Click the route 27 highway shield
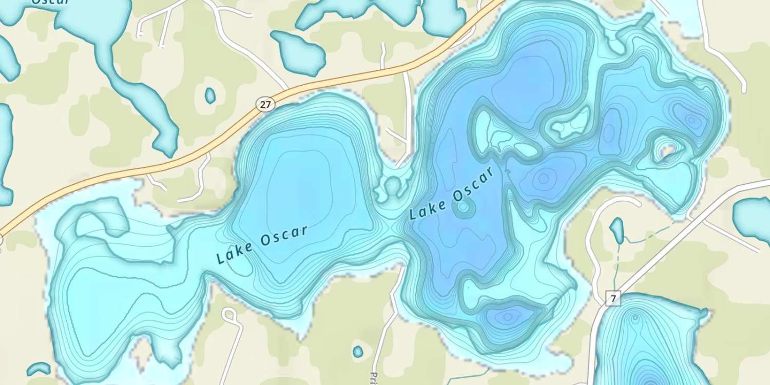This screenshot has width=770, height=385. tap(265, 105)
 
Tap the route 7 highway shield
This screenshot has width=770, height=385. tap(613, 298)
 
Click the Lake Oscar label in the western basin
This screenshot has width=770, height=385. tap(262, 244)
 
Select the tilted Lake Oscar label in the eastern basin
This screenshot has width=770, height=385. tap(453, 194)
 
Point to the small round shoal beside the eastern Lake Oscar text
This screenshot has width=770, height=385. tap(464, 207)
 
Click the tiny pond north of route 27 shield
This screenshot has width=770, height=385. tap(210, 95)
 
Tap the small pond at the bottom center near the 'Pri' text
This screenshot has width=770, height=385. tap(358, 352)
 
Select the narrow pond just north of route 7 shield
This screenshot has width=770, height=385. tap(617, 230)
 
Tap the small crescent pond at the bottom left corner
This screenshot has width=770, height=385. tap(38, 369)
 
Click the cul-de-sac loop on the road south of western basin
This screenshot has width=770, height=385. tap(228, 314)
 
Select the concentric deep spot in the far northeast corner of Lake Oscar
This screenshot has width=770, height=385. tap(692, 121)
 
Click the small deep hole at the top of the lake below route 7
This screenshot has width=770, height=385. tap(636, 318)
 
